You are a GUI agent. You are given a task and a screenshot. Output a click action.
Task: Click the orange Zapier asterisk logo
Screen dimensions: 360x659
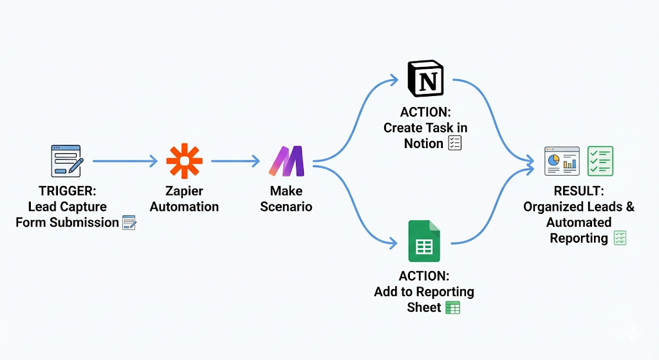click(184, 160)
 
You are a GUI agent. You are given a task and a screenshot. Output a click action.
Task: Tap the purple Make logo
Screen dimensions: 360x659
click(286, 161)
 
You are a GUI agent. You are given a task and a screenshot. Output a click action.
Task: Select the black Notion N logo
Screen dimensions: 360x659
click(425, 81)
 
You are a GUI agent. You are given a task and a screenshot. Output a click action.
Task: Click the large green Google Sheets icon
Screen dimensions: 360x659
click(423, 241)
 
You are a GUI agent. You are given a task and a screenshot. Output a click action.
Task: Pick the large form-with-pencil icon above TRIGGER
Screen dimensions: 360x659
click(66, 161)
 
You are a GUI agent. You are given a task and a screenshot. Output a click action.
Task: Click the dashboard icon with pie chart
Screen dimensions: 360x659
click(562, 161)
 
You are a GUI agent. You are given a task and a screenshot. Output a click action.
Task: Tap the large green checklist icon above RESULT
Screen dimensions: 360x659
click(600, 161)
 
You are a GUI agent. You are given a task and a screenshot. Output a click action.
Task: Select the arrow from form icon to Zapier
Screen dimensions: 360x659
click(125, 161)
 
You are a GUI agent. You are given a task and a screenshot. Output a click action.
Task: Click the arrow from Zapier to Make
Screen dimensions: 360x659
click(235, 161)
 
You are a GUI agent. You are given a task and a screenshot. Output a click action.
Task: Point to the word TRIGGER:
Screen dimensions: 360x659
click(66, 191)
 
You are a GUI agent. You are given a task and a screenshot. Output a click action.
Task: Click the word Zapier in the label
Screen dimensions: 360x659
click(184, 191)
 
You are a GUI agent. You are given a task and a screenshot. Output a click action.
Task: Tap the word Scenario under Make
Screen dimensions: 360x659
click(286, 207)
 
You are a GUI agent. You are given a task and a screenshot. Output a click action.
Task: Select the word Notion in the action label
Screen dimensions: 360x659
click(423, 144)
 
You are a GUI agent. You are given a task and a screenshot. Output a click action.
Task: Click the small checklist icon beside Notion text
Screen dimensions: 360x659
click(454, 143)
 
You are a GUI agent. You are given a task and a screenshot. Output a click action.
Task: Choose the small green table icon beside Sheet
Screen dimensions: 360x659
click(453, 308)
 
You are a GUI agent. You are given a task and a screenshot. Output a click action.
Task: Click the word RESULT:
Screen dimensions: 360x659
click(579, 191)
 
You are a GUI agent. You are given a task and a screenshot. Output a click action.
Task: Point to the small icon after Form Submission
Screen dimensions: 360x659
click(129, 223)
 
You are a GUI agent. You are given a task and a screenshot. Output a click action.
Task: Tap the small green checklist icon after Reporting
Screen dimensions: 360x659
click(620, 238)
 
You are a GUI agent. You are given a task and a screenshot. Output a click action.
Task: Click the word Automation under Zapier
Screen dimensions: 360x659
click(184, 207)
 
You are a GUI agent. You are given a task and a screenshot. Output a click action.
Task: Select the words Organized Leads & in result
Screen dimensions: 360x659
click(579, 207)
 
